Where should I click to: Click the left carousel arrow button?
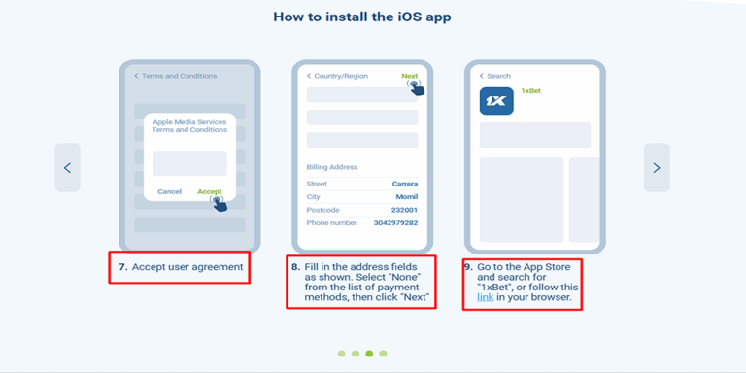click(68, 167)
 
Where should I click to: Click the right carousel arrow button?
click(657, 167)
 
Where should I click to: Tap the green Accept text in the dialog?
click(210, 191)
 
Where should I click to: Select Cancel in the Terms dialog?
click(169, 191)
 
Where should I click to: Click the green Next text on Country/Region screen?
click(410, 76)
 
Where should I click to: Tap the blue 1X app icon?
click(496, 101)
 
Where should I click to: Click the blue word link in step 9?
click(486, 297)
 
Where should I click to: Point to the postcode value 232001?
click(404, 210)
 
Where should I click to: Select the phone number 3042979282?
click(396, 222)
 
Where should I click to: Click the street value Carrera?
click(405, 184)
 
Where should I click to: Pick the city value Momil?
click(407, 197)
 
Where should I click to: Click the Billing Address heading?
click(332, 167)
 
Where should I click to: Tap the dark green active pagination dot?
click(369, 354)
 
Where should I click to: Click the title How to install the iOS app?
click(362, 17)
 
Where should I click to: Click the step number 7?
click(123, 267)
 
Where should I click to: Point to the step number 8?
click(296, 267)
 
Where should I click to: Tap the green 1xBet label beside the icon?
click(531, 91)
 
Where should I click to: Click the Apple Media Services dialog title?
click(189, 126)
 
